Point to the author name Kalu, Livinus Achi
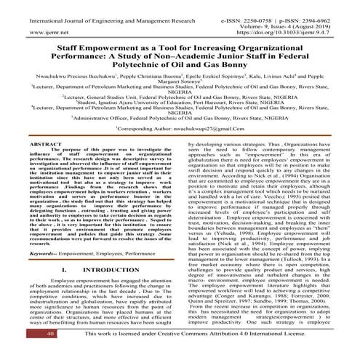point(269,74)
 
